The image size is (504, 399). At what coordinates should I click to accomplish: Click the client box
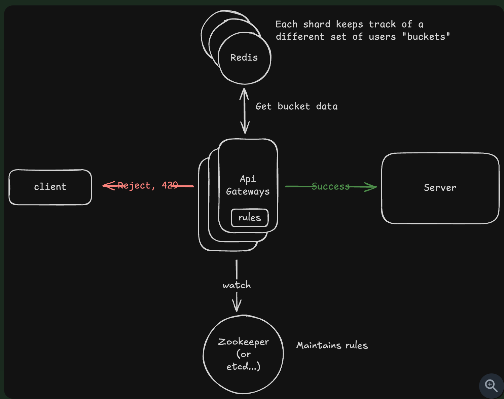pyautogui.click(x=50, y=187)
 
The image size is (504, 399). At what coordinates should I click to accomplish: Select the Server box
pyautogui.click(x=440, y=188)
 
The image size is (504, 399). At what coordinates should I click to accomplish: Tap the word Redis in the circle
pyautogui.click(x=244, y=58)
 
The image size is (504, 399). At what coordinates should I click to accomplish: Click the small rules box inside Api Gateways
pyautogui.click(x=250, y=218)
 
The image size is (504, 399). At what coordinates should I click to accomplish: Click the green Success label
pyautogui.click(x=330, y=186)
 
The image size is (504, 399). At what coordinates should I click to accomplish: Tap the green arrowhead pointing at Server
pyautogui.click(x=371, y=187)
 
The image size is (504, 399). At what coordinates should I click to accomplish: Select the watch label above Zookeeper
pyautogui.click(x=237, y=285)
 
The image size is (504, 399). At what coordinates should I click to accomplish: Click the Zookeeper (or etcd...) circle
pyautogui.click(x=243, y=354)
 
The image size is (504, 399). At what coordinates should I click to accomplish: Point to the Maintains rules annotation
pyautogui.click(x=332, y=346)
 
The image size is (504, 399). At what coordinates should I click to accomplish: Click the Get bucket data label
pyautogui.click(x=296, y=106)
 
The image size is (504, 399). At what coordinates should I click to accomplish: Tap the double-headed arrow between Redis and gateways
pyautogui.click(x=245, y=111)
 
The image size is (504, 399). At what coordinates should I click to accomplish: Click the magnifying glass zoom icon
pyautogui.click(x=491, y=385)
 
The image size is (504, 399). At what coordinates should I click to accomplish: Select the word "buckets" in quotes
pyautogui.click(x=426, y=37)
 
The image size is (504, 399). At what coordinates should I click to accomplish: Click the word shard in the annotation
pyautogui.click(x=317, y=24)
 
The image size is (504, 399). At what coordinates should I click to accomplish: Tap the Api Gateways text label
pyautogui.click(x=248, y=185)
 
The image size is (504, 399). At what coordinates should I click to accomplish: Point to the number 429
pyautogui.click(x=170, y=185)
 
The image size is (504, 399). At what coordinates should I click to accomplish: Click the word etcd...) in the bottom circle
pyautogui.click(x=243, y=366)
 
